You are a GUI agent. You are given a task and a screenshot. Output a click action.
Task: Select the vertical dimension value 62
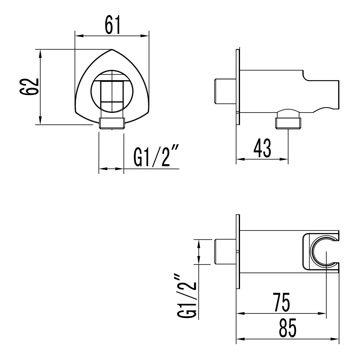point(29,87)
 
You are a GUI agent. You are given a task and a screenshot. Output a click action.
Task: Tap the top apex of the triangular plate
point(112,49)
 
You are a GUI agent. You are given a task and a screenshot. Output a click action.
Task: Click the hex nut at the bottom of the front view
point(111,123)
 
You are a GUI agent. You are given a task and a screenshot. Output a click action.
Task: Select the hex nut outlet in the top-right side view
point(288,123)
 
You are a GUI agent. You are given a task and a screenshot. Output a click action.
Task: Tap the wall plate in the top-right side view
point(238,87)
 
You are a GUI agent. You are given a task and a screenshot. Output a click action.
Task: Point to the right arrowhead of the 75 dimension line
point(323,314)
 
